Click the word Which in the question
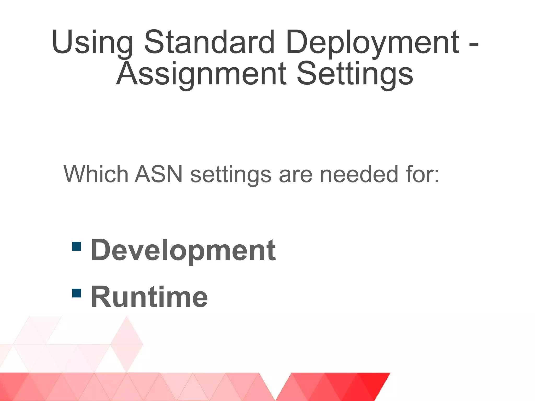pyautogui.click(x=96, y=174)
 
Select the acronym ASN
pyautogui.click(x=159, y=174)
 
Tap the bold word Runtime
pyautogui.click(x=149, y=297)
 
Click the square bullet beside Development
pyautogui.click(x=76, y=246)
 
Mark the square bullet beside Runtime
pyautogui.click(x=76, y=293)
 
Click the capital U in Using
pyautogui.click(x=63, y=42)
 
